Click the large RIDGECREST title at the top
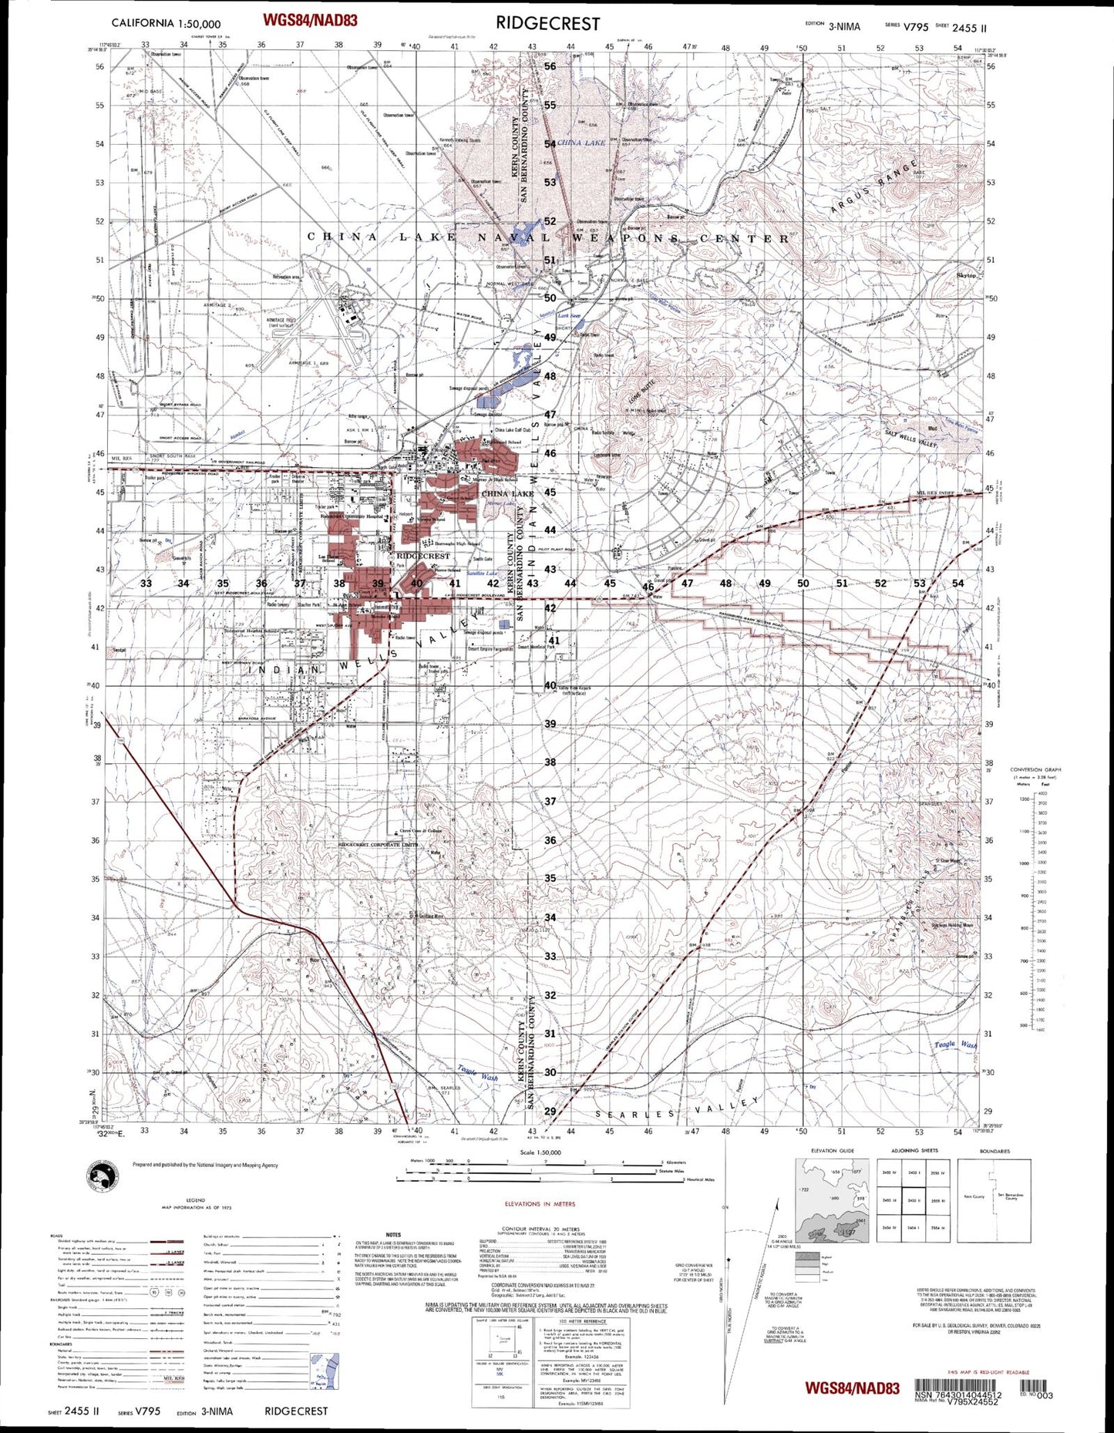click(547, 24)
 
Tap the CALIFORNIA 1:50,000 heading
click(166, 24)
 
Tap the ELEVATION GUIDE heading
click(832, 1151)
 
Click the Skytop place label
click(966, 275)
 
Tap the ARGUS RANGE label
click(875, 187)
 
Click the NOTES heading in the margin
click(393, 1234)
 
